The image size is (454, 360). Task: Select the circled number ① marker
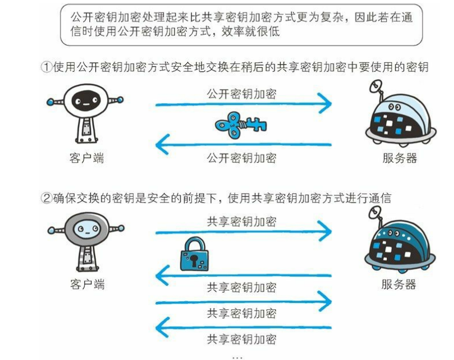46,67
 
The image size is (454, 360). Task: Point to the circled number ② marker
46,198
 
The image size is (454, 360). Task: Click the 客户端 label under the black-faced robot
87,158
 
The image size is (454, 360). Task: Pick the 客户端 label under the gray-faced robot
87,283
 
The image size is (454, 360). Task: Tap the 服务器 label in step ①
399,158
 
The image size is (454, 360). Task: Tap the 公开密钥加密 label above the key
242,93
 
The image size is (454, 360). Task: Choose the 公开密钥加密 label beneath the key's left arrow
242,157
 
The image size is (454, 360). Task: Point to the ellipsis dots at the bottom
238,356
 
